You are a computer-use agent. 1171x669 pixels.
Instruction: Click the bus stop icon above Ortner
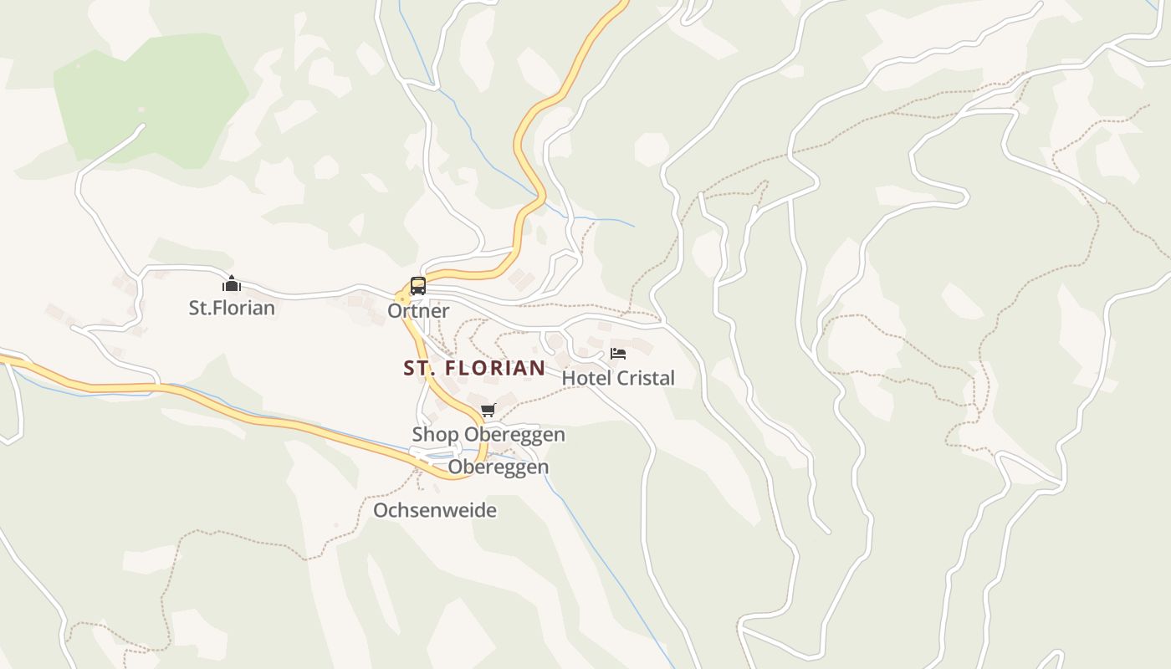pos(417,286)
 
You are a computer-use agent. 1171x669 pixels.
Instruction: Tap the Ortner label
pos(418,311)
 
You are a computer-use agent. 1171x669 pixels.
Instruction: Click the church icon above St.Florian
pos(232,284)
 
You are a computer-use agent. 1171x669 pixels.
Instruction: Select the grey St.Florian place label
pos(232,308)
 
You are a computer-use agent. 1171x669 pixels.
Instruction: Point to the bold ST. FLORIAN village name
pos(474,368)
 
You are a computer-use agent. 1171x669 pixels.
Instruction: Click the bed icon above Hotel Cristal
pos(618,354)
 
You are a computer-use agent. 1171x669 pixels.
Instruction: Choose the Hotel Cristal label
pos(618,378)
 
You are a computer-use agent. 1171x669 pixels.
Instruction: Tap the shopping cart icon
pos(488,411)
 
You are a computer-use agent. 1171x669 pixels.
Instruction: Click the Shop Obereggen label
pos(488,435)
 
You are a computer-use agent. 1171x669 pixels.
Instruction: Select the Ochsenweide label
pos(435,510)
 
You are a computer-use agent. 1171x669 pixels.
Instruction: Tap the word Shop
pos(435,435)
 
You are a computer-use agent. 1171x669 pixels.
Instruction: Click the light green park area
pos(151,96)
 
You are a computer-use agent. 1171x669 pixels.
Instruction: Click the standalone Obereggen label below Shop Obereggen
pos(499,467)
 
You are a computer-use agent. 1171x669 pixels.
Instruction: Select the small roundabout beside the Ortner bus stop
pos(402,299)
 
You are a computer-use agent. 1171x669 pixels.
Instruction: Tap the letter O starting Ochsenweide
pos(381,510)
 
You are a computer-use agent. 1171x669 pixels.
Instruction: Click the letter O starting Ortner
pos(394,311)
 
